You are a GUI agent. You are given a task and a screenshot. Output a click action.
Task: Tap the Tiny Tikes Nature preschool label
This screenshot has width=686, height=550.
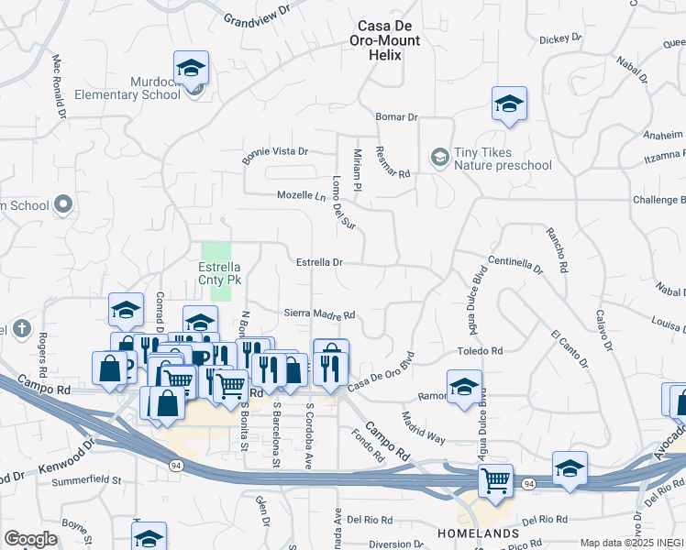click(x=503, y=159)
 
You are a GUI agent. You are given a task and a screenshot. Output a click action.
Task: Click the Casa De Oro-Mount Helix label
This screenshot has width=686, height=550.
click(x=384, y=34)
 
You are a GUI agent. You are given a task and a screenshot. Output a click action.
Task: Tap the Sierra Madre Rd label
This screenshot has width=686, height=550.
click(x=319, y=313)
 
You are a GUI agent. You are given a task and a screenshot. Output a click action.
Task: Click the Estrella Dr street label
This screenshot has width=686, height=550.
click(x=319, y=262)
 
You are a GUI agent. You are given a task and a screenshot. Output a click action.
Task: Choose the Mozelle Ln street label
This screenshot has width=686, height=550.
click(x=302, y=195)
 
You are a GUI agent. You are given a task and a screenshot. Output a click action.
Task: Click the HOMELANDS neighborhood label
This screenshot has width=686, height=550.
click(x=478, y=533)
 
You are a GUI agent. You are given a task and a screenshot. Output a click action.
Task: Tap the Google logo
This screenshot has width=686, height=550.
click(x=30, y=539)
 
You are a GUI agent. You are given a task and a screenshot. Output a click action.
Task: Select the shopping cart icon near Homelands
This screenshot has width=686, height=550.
click(x=496, y=478)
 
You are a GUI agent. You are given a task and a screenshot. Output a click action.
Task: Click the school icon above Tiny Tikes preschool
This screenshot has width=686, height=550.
click(x=509, y=104)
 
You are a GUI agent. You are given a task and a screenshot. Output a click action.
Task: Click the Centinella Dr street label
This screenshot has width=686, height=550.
click(x=515, y=265)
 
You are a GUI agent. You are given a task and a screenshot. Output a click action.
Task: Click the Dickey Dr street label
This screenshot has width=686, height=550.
click(x=561, y=39)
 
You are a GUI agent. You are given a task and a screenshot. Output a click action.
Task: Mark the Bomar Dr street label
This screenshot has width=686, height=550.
click(x=397, y=117)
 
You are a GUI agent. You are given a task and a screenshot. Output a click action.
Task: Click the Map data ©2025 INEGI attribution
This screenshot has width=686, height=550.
click(x=632, y=543)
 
